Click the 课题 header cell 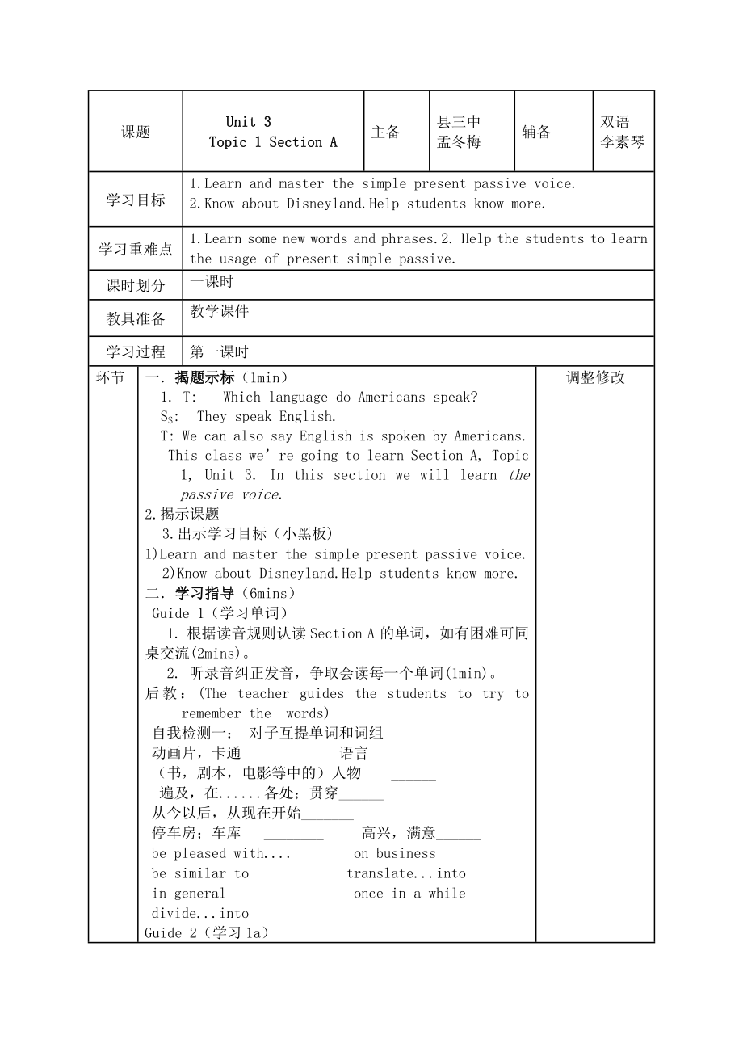136,133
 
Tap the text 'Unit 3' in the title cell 249,122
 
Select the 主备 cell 386,133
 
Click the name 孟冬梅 459,142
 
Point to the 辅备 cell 537,133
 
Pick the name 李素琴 623,142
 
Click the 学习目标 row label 136,200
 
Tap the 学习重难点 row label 136,250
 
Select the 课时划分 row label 136,286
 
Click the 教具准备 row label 136,319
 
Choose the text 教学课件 220,311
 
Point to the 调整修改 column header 595,377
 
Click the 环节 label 111,377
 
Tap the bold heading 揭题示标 204,377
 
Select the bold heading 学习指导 204,594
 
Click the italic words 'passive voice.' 232,494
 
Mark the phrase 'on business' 394,853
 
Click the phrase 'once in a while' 409,893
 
